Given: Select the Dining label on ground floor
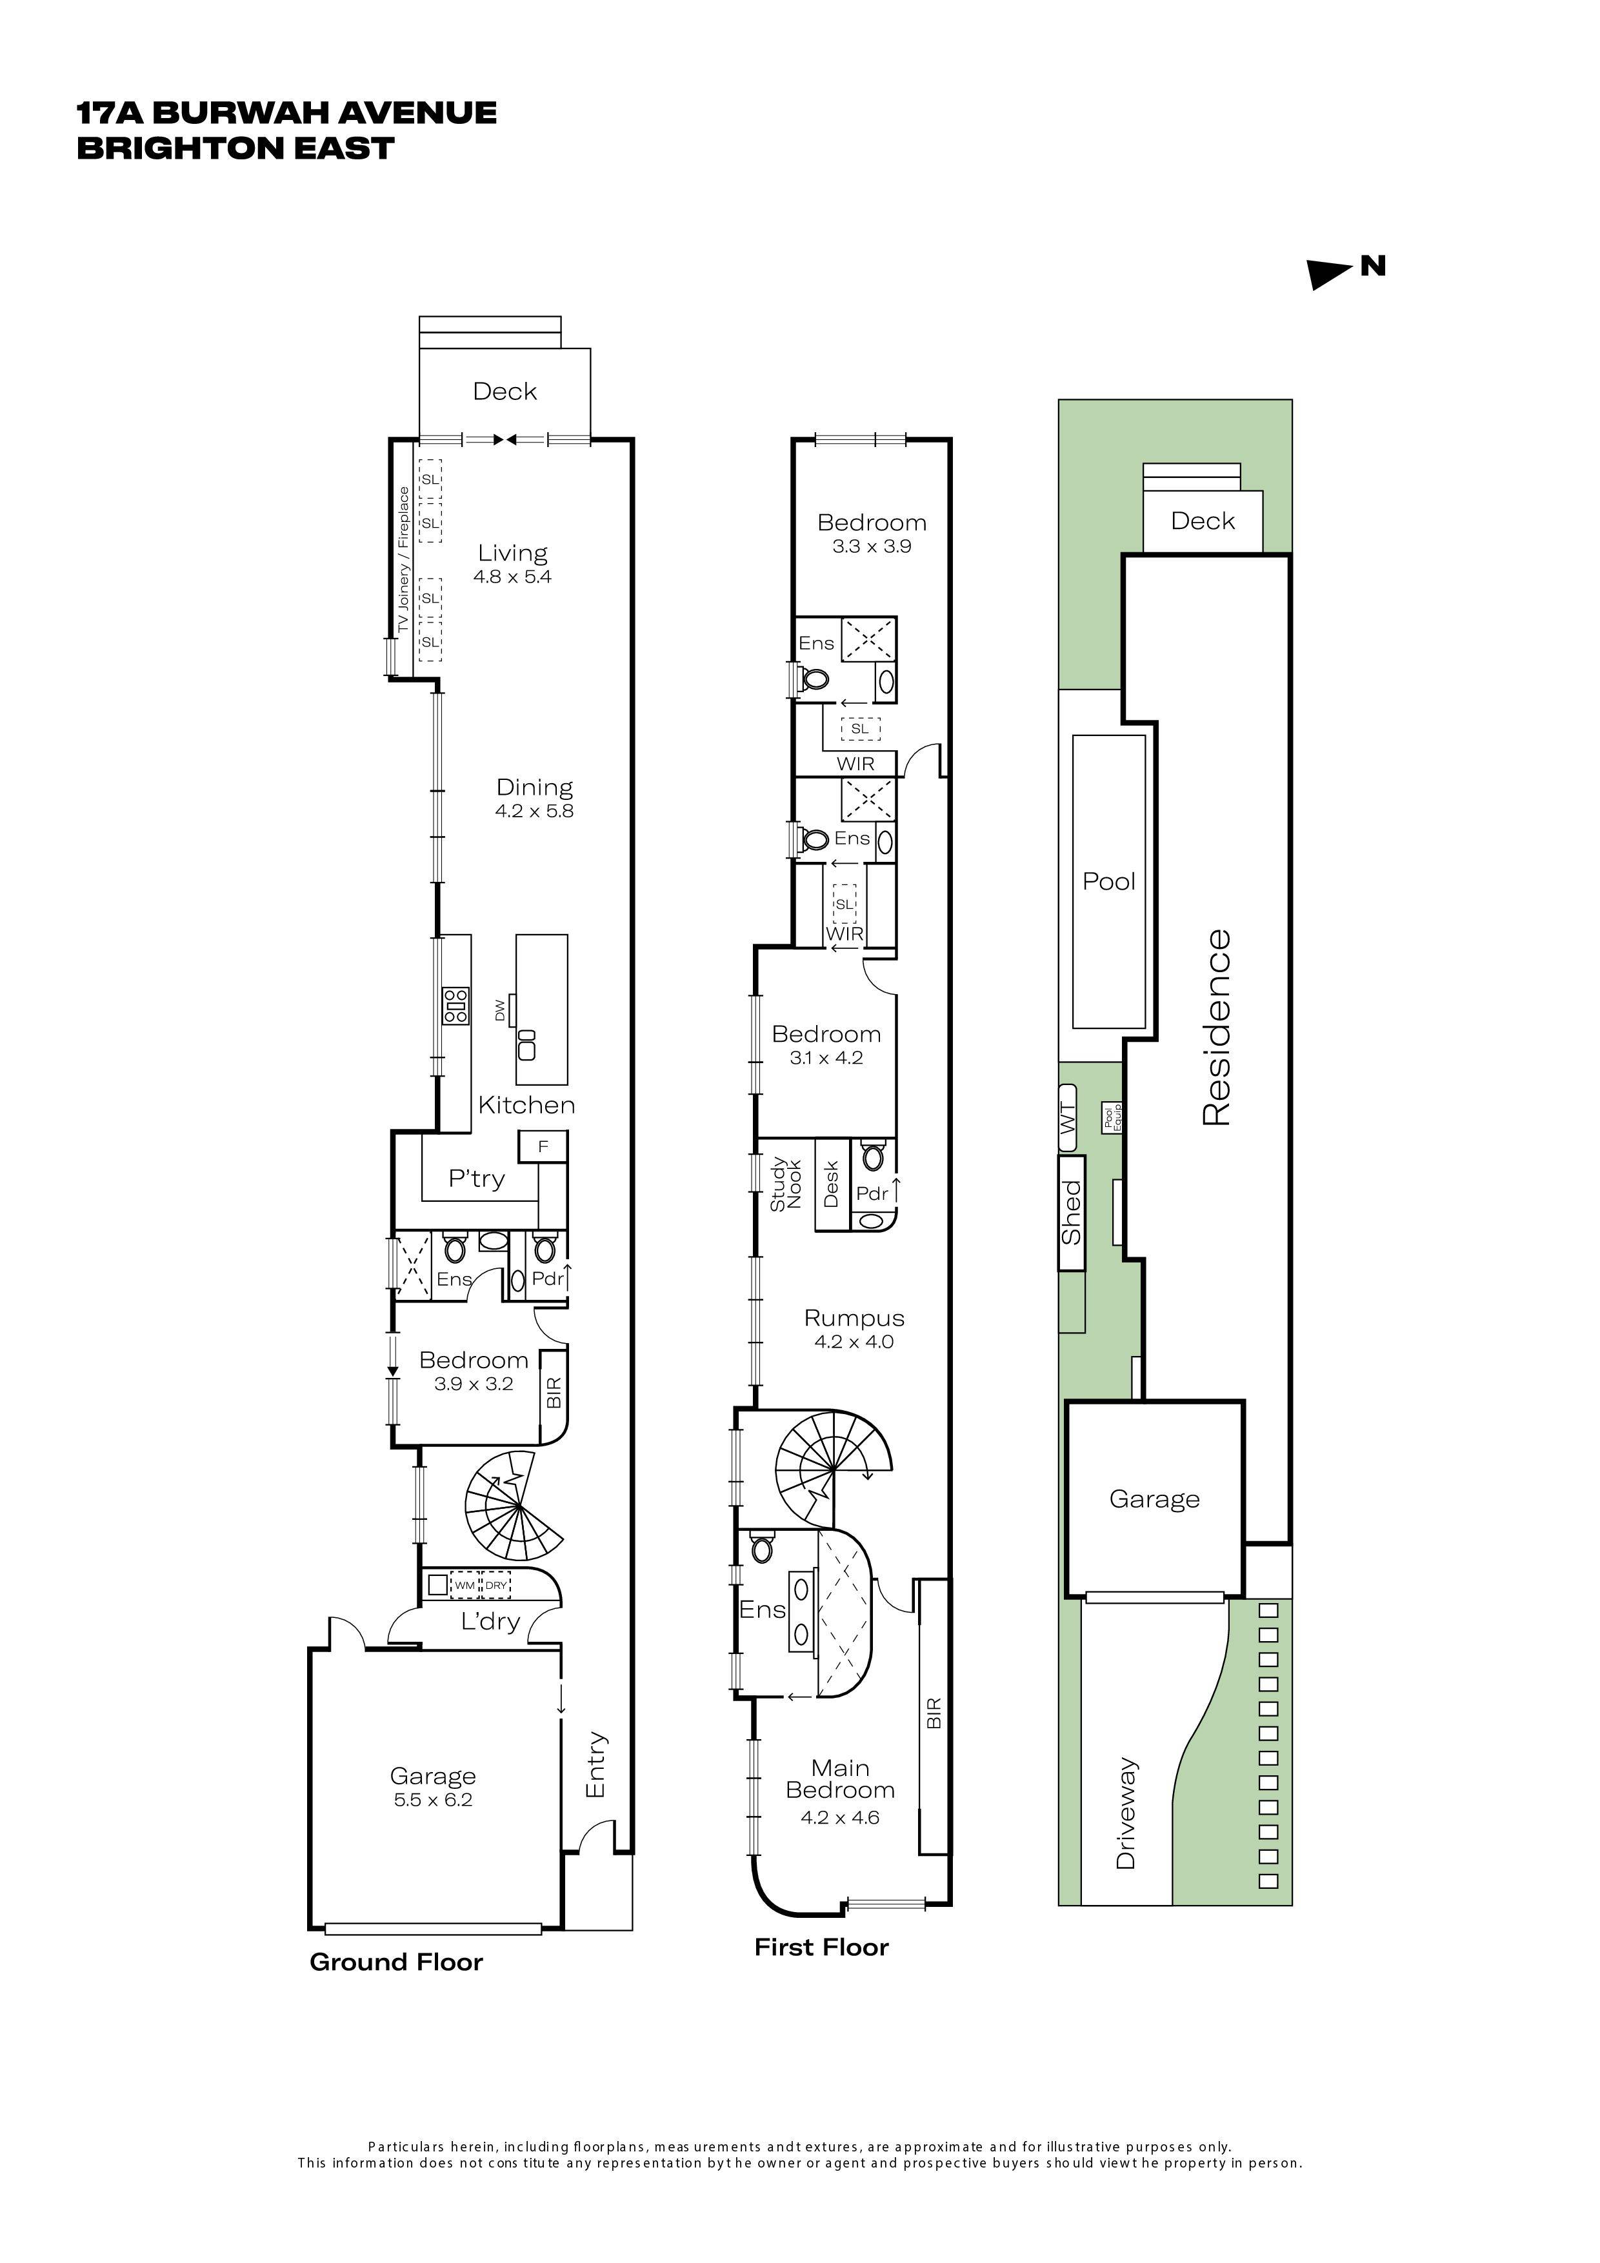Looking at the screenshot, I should coord(534,788).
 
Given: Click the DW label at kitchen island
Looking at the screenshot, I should coord(500,1010).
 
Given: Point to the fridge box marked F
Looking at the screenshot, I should coord(542,1147).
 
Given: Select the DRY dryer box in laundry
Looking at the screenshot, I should coord(496,1586).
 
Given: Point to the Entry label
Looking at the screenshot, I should coord(595,1765).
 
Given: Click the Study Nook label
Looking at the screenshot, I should coord(786,1184).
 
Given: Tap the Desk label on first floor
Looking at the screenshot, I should coord(830,1184).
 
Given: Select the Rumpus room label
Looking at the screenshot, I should coord(854,1318).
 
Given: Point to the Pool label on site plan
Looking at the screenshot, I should coord(1109,882).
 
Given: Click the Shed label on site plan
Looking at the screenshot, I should coord(1072,1212).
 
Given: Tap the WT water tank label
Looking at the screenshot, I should coord(1068,1119).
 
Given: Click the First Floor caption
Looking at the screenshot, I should coord(821,1947).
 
